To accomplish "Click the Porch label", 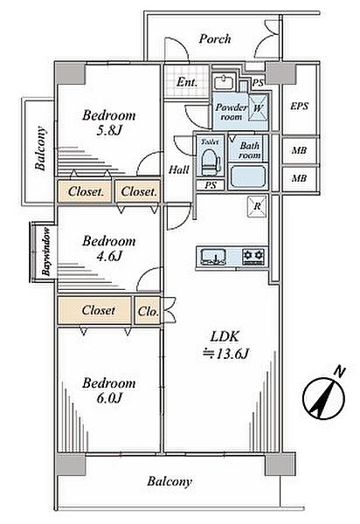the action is (x=215, y=39).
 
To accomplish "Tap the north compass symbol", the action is (x=324, y=395).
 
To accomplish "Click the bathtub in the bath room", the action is (x=248, y=177).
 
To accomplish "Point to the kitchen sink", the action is (x=213, y=257).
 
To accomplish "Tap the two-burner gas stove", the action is (x=253, y=257).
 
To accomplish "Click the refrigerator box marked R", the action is (x=257, y=206).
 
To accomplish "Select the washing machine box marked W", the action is (x=258, y=108).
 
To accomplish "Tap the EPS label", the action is (x=299, y=107).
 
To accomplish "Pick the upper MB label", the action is (x=299, y=151).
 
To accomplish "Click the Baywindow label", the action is (x=46, y=251).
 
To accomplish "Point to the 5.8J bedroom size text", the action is (x=109, y=130).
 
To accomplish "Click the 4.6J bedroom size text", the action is (x=109, y=256).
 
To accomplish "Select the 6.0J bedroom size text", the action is (x=109, y=398).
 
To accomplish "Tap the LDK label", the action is (x=225, y=336).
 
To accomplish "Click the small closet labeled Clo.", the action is (x=148, y=311).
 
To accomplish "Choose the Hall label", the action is (x=178, y=169).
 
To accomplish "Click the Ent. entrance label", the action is (x=186, y=82).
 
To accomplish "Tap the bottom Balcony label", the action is (x=170, y=481).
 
